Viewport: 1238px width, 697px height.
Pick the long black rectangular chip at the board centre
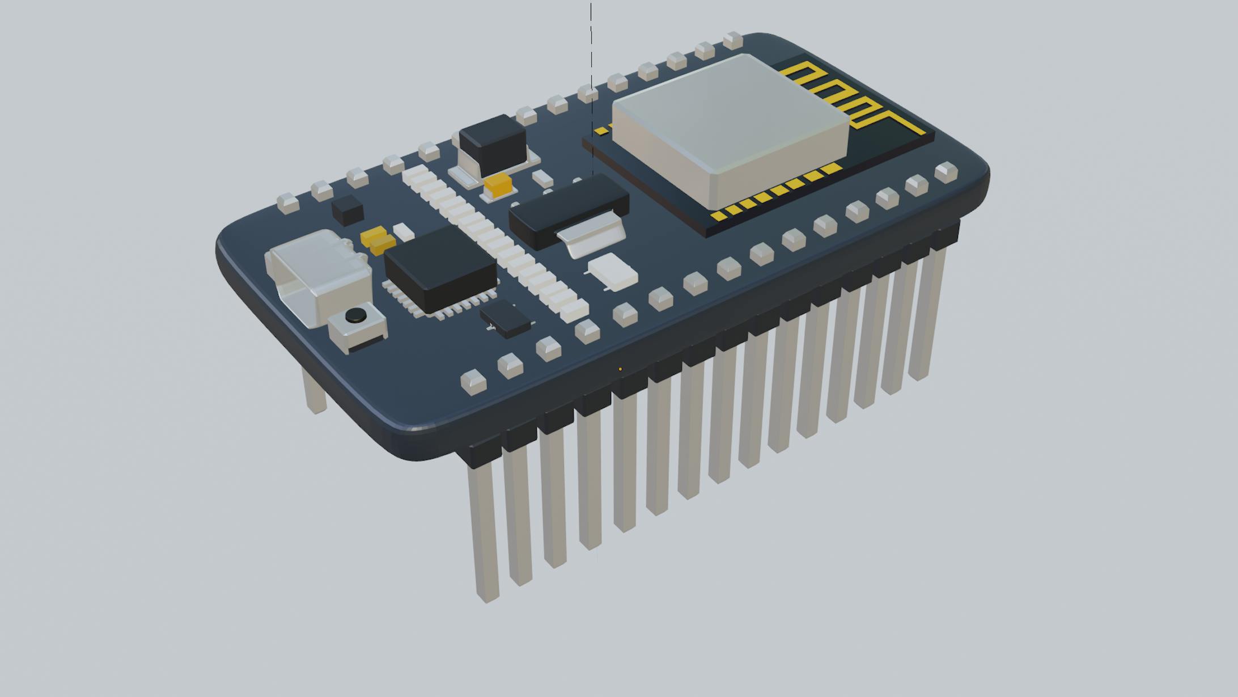pyautogui.click(x=569, y=210)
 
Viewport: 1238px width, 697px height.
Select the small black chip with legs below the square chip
pyautogui.click(x=506, y=319)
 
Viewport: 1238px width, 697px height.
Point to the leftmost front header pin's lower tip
pyautogui.click(x=488, y=595)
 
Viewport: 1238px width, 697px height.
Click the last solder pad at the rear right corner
pyautogui.click(x=732, y=40)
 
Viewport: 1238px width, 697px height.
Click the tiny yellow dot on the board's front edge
pyautogui.click(x=620, y=369)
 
